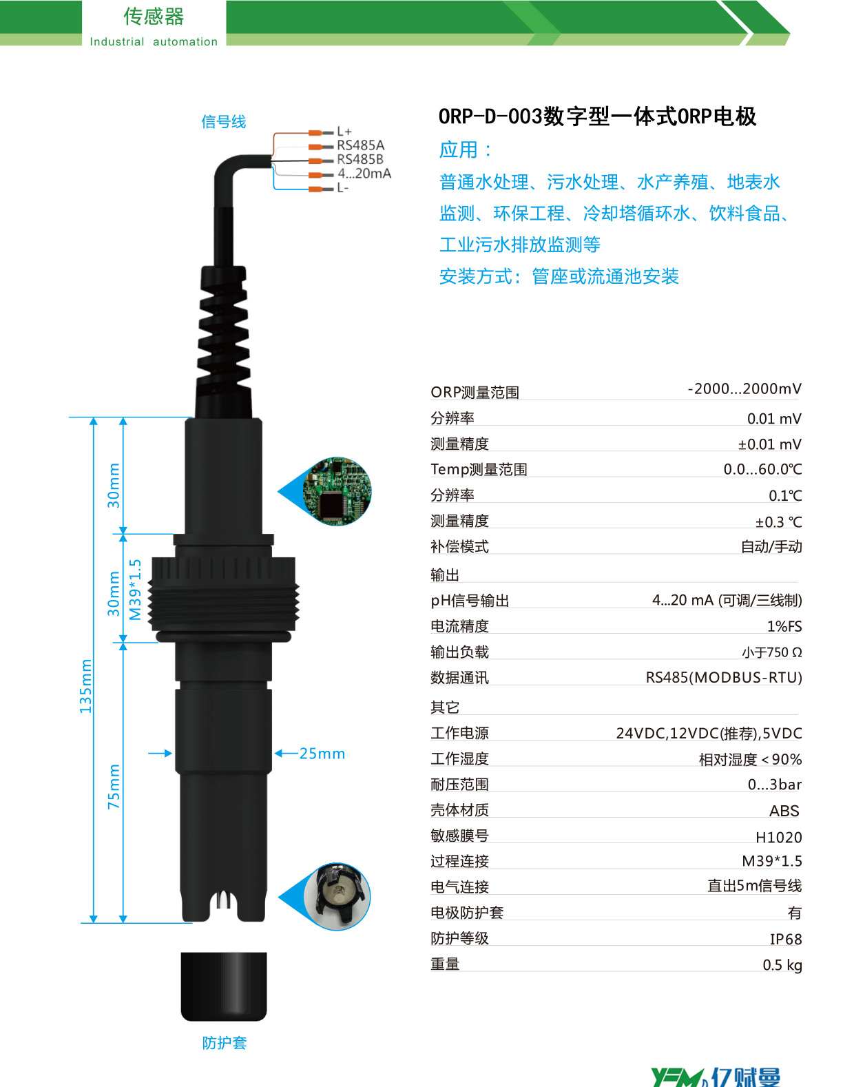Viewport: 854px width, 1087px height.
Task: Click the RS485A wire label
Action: coord(360,145)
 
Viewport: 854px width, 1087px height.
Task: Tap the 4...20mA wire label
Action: coord(364,174)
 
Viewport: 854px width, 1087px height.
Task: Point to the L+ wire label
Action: coord(344,132)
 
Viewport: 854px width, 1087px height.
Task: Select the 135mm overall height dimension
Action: coord(85,685)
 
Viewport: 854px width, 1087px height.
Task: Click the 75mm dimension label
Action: coord(114,786)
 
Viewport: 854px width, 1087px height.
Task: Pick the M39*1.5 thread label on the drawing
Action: coord(136,590)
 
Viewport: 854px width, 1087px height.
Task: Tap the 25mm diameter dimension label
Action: coord(322,754)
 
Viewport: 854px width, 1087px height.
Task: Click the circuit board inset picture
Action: coord(337,491)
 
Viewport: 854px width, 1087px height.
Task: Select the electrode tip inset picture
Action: coord(337,896)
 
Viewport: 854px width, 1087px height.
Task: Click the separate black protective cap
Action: coord(224,986)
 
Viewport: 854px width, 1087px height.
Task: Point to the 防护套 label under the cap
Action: coord(225,1043)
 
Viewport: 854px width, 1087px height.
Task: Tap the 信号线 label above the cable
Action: coord(224,122)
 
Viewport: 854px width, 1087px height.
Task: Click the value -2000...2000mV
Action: coord(744,389)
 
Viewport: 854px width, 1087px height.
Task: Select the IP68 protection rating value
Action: coord(786,939)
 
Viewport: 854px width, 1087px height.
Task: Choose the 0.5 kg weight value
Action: coord(782,965)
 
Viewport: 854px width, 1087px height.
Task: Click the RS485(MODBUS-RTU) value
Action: coord(724,678)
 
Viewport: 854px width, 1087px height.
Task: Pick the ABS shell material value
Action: coord(784,811)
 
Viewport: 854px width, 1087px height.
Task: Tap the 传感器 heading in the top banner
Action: coord(154,17)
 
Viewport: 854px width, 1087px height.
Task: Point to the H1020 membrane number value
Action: coord(779,838)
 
